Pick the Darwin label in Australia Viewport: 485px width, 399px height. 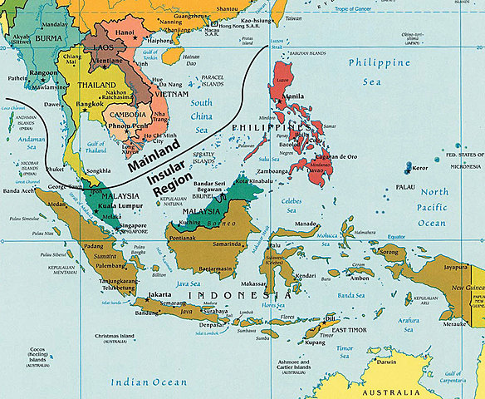tap(381, 362)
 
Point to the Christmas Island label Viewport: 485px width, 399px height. tap(118, 337)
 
